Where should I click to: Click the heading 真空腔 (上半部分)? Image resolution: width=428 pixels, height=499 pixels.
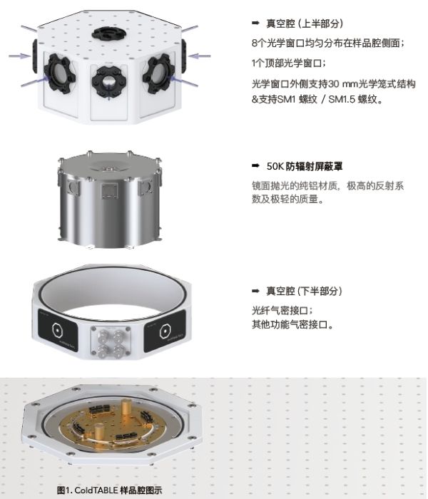[305, 24]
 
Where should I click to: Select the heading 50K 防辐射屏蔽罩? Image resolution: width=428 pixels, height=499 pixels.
[305, 166]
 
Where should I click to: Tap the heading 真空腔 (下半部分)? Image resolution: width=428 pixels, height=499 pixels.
[304, 291]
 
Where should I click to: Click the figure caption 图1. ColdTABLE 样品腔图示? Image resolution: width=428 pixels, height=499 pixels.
[109, 490]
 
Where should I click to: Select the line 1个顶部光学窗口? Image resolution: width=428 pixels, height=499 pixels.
[288, 63]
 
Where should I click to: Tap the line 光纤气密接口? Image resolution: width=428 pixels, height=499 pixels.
[282, 310]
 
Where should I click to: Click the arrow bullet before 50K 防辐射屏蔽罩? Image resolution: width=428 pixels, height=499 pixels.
[255, 165]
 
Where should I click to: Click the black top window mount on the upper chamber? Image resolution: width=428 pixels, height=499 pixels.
[109, 33]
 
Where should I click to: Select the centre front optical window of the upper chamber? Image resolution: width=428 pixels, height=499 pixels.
[109, 82]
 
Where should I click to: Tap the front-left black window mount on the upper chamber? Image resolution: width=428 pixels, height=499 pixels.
[59, 73]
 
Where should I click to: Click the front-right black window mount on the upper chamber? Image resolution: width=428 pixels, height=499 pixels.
[158, 73]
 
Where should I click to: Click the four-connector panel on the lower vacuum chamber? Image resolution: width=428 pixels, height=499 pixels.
[110, 341]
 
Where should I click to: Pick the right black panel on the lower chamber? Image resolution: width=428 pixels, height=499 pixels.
[165, 331]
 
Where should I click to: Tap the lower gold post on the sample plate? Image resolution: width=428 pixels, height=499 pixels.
[99, 432]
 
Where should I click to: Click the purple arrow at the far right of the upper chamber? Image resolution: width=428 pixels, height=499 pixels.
[199, 56]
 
